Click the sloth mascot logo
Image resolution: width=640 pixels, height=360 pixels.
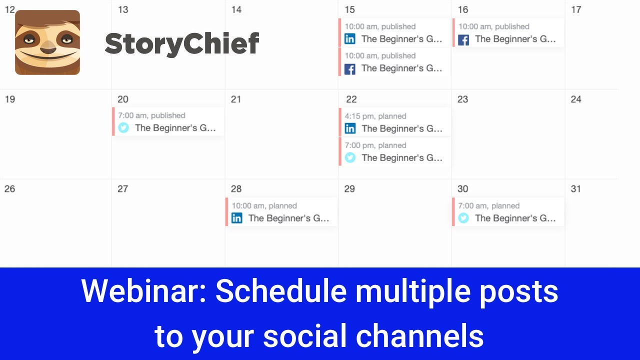[47, 42]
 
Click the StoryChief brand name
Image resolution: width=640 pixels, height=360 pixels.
[182, 43]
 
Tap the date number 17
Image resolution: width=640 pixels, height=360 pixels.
[576, 9]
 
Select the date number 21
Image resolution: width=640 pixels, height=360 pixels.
[236, 99]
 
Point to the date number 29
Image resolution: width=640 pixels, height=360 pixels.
[349, 188]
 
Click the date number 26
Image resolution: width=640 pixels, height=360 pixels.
[9, 188]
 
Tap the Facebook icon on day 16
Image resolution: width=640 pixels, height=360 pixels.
[463, 39]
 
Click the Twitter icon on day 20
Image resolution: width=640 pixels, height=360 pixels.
[123, 128]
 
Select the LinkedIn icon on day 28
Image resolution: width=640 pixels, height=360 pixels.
[237, 218]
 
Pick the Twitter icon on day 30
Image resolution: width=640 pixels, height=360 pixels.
[463, 218]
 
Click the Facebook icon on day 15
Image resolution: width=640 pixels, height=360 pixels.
[350, 69]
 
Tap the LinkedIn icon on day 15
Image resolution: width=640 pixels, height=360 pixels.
[350, 39]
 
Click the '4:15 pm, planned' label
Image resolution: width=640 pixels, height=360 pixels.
[375, 116]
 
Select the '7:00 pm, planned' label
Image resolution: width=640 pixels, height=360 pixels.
[375, 145]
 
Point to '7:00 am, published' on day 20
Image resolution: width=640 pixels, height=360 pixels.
[151, 115]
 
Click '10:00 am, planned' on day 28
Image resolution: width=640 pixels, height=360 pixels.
[264, 205]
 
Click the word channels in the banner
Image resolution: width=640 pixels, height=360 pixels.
[419, 335]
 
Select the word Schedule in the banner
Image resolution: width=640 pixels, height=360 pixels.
[280, 290]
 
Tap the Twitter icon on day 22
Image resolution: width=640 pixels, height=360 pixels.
[350, 157]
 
